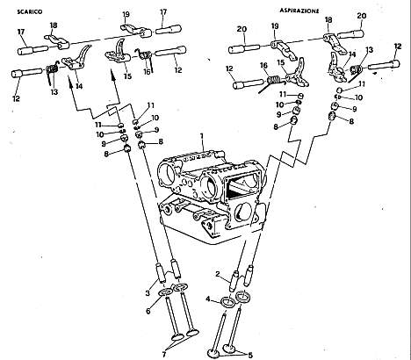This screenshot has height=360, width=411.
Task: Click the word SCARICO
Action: coord(30,12)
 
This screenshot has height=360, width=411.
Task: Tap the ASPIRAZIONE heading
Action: coord(299,11)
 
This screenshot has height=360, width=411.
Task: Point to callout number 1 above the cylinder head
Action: coord(201,136)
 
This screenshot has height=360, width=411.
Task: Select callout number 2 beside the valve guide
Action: coord(218,274)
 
